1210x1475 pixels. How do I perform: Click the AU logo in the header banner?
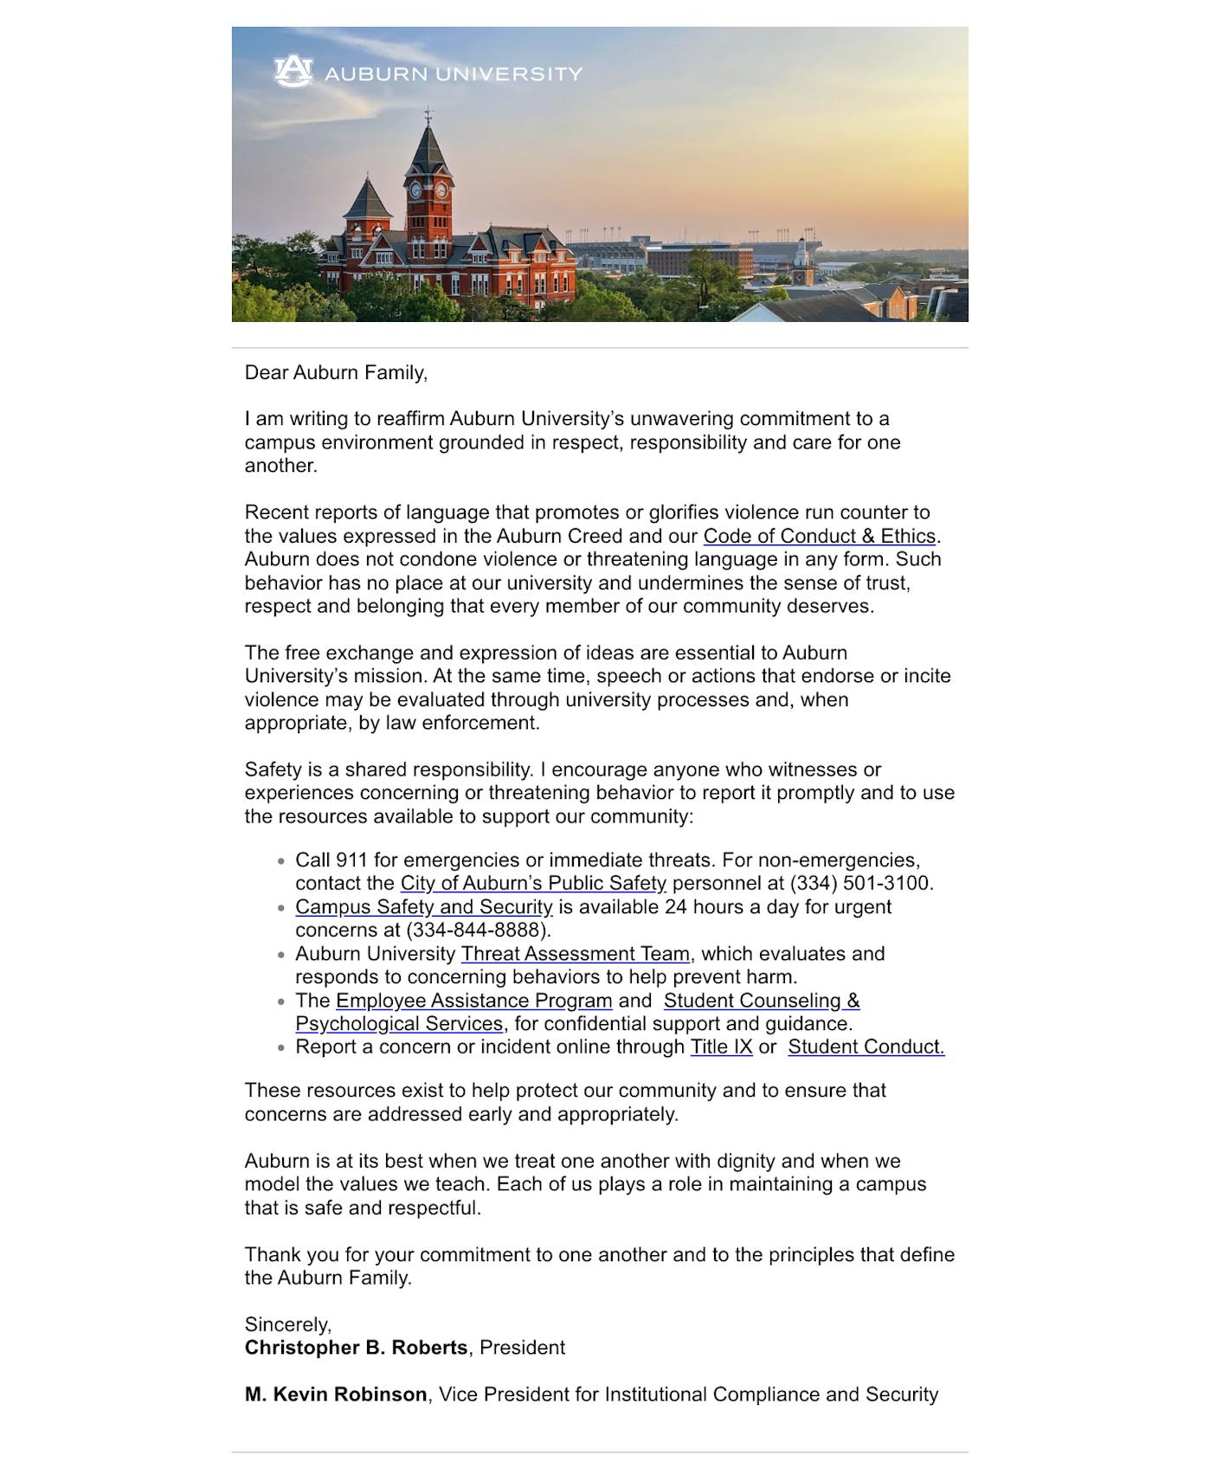click(293, 72)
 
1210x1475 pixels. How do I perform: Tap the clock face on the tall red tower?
click(442, 190)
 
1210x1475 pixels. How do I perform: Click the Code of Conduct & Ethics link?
click(819, 537)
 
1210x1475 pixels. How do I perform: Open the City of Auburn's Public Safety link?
click(532, 884)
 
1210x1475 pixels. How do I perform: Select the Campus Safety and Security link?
click(423, 907)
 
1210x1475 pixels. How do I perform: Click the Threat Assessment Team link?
click(575, 954)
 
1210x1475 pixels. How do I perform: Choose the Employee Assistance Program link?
click(473, 1001)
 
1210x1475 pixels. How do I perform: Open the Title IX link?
click(720, 1047)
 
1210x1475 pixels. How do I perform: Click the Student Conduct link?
click(865, 1047)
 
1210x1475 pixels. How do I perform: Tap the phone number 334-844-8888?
click(478, 931)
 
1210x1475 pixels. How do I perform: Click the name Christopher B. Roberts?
click(356, 1348)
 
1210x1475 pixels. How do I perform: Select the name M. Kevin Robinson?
click(336, 1394)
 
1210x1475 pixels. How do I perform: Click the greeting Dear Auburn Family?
click(336, 373)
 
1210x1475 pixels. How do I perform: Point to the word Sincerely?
click(287, 1324)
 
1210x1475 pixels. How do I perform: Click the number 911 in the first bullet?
click(351, 860)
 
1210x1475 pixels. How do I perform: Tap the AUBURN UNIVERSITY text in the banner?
click(453, 74)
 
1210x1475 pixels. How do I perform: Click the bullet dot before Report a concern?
click(281, 1048)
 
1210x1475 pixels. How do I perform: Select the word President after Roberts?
click(522, 1348)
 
